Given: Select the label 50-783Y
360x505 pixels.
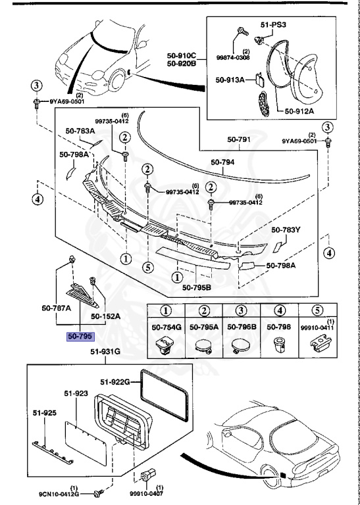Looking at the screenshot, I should tap(286, 230).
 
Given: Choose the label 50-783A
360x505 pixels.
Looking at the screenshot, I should tap(76, 132).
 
